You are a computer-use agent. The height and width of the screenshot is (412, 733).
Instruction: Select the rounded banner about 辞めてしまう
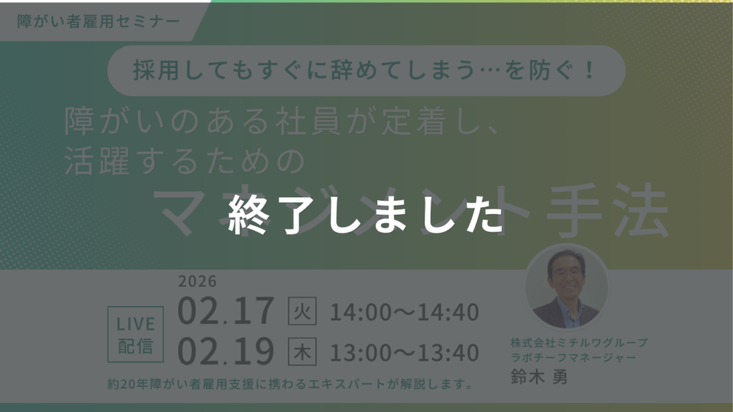pyautogui.click(x=366, y=71)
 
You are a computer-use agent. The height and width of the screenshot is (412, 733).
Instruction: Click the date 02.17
pyautogui.click(x=226, y=311)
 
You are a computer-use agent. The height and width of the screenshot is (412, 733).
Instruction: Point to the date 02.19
pyautogui.click(x=226, y=351)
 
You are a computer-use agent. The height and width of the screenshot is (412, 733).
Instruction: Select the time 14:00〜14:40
pyautogui.click(x=404, y=312)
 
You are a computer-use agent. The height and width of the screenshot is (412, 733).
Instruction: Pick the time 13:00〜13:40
pyautogui.click(x=404, y=352)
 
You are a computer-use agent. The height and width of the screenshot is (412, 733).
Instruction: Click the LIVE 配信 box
pyautogui.click(x=135, y=335)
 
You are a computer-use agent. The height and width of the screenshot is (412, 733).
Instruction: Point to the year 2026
pyautogui.click(x=198, y=281)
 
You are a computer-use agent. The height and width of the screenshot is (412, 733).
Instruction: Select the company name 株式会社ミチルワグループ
pyautogui.click(x=579, y=342)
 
